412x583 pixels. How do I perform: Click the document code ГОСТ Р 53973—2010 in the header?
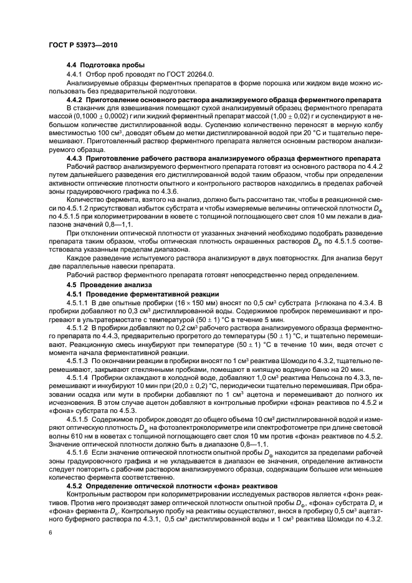[83, 46]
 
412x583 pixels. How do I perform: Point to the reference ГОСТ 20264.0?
[191, 73]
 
